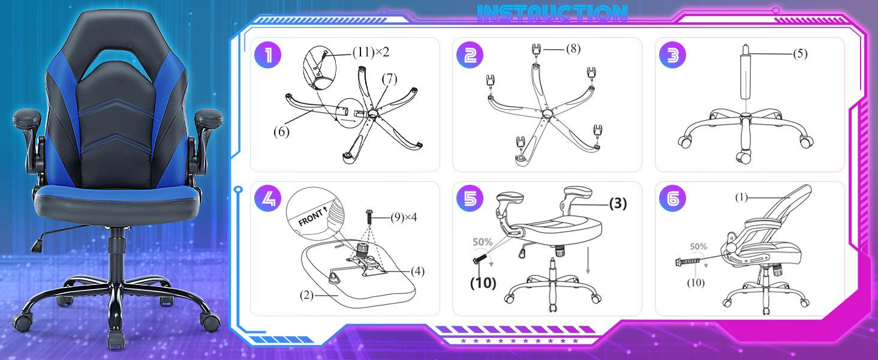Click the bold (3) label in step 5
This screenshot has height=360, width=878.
coord(617,204)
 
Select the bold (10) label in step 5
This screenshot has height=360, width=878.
coord(483,283)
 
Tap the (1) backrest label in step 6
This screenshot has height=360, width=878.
coord(741,197)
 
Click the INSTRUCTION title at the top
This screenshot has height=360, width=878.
coord(552,14)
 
